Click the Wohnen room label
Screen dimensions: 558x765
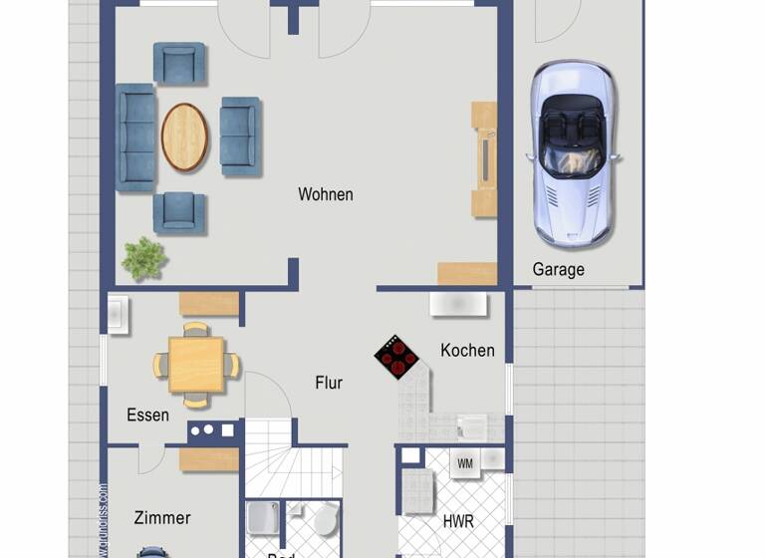[x=325, y=194]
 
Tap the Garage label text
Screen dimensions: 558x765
[x=558, y=269]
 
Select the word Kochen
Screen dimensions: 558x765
[x=467, y=350]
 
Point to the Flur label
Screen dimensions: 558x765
[x=329, y=383]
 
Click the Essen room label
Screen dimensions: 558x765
[x=147, y=415]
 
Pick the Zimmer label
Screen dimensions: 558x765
[x=161, y=517]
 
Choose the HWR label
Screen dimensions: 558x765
[x=458, y=521]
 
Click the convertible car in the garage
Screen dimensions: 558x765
[x=573, y=151]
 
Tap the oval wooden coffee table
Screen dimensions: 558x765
[x=185, y=138]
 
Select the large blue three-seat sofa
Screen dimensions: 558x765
[x=136, y=138]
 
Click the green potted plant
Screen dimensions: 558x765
[x=144, y=258]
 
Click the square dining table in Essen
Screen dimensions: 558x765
[x=196, y=365]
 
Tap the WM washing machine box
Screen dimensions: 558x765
[x=465, y=462]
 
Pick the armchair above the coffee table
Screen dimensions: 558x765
[x=179, y=64]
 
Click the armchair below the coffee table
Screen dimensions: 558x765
[x=179, y=212]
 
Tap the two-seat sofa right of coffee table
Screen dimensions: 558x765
[x=240, y=137]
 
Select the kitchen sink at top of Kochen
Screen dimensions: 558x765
[x=458, y=303]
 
